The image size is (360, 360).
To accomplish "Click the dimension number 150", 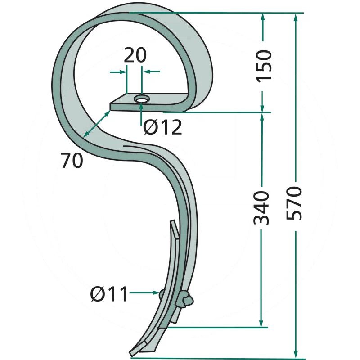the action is pos(264,66).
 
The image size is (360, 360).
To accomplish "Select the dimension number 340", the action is pos(261,207).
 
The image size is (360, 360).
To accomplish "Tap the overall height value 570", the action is pos(294,203).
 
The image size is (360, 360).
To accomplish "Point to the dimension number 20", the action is pos(135,55).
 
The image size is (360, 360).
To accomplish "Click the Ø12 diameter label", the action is pos(162,127).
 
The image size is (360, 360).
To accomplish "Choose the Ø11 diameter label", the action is pos(109,294).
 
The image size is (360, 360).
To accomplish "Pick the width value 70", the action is pos(72,161).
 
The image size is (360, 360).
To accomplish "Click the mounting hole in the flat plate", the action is pos(142,99).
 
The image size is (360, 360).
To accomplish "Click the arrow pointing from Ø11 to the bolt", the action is pos(144,292).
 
